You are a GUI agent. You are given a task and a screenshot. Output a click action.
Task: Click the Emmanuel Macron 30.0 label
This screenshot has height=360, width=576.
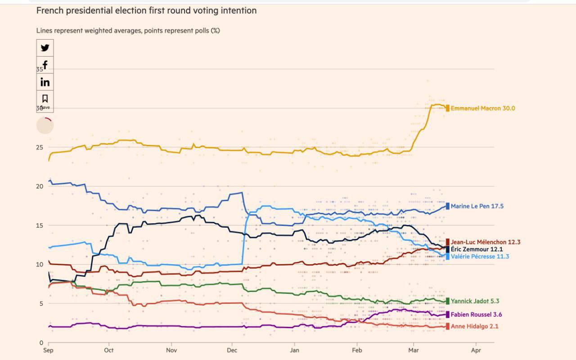click(483, 108)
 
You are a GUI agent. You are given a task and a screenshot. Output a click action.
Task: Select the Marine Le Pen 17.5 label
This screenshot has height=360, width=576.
click(477, 206)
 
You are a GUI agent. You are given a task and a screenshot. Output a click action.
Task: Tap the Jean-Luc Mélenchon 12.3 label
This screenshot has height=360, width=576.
click(486, 242)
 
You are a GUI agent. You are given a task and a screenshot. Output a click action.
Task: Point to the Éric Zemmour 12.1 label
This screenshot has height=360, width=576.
click(477, 249)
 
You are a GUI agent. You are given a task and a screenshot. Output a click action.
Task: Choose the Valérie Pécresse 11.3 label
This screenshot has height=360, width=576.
click(480, 256)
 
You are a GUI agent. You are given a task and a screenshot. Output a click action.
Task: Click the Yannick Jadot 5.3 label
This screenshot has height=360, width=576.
click(475, 301)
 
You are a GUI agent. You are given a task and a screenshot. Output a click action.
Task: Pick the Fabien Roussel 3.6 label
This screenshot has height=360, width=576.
click(476, 315)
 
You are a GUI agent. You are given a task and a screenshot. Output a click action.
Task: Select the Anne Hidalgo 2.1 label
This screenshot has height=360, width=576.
click(474, 327)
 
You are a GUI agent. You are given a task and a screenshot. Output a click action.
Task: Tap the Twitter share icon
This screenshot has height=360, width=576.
click(45, 48)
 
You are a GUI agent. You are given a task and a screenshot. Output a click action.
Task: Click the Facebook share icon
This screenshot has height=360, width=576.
click(45, 65)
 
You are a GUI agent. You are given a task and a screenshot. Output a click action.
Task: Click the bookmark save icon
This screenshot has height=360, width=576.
click(45, 99)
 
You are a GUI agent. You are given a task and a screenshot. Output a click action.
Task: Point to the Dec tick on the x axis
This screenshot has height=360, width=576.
click(232, 350)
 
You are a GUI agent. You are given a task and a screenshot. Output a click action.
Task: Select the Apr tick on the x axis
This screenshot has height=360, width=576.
click(476, 350)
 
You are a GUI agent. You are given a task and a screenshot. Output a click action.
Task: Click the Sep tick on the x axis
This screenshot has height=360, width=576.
click(48, 350)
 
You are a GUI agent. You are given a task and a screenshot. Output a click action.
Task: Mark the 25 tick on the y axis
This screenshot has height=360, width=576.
click(40, 147)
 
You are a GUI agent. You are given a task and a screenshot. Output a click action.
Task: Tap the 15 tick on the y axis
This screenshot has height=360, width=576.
click(40, 225)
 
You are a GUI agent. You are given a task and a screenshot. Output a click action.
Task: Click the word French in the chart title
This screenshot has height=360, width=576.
click(50, 10)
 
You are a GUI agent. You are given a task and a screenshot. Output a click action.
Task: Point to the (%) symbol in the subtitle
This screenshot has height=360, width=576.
click(215, 31)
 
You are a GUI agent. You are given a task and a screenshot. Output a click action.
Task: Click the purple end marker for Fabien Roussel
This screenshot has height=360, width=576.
click(447, 315)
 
